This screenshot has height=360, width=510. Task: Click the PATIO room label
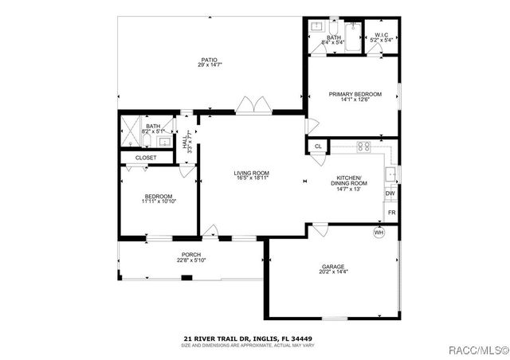tap(209, 60)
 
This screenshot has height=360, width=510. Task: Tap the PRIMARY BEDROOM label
tap(355, 94)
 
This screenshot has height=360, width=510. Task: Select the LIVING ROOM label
tap(251, 173)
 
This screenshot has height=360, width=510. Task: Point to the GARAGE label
tap(332, 267)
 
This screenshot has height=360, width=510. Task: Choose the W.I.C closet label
tap(380, 35)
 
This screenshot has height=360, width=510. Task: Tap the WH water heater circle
tap(379, 232)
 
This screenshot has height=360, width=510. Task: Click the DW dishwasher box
tap(390, 194)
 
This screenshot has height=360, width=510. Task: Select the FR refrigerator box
tap(391, 213)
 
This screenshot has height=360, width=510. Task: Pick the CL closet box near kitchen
tap(318, 147)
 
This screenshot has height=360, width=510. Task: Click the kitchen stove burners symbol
tap(363, 146)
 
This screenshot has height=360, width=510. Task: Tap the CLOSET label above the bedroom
tap(146, 158)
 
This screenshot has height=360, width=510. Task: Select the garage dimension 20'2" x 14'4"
tap(332, 272)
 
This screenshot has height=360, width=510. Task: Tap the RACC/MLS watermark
tap(477, 348)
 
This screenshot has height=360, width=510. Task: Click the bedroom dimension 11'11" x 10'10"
tap(159, 202)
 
